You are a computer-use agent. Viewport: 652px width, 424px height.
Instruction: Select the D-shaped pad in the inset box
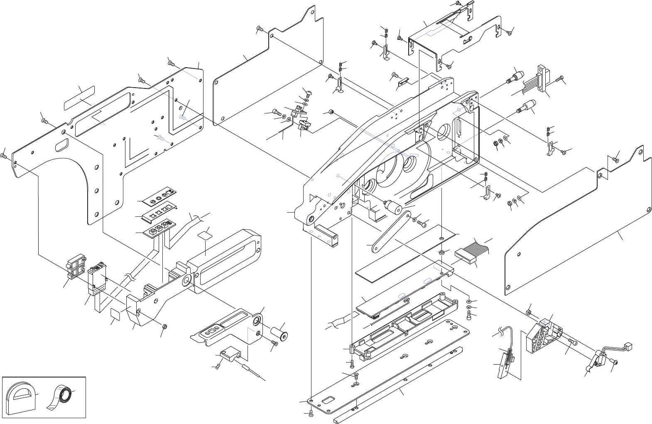[19, 398]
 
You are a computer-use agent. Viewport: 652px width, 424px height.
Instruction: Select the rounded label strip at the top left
[80, 98]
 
